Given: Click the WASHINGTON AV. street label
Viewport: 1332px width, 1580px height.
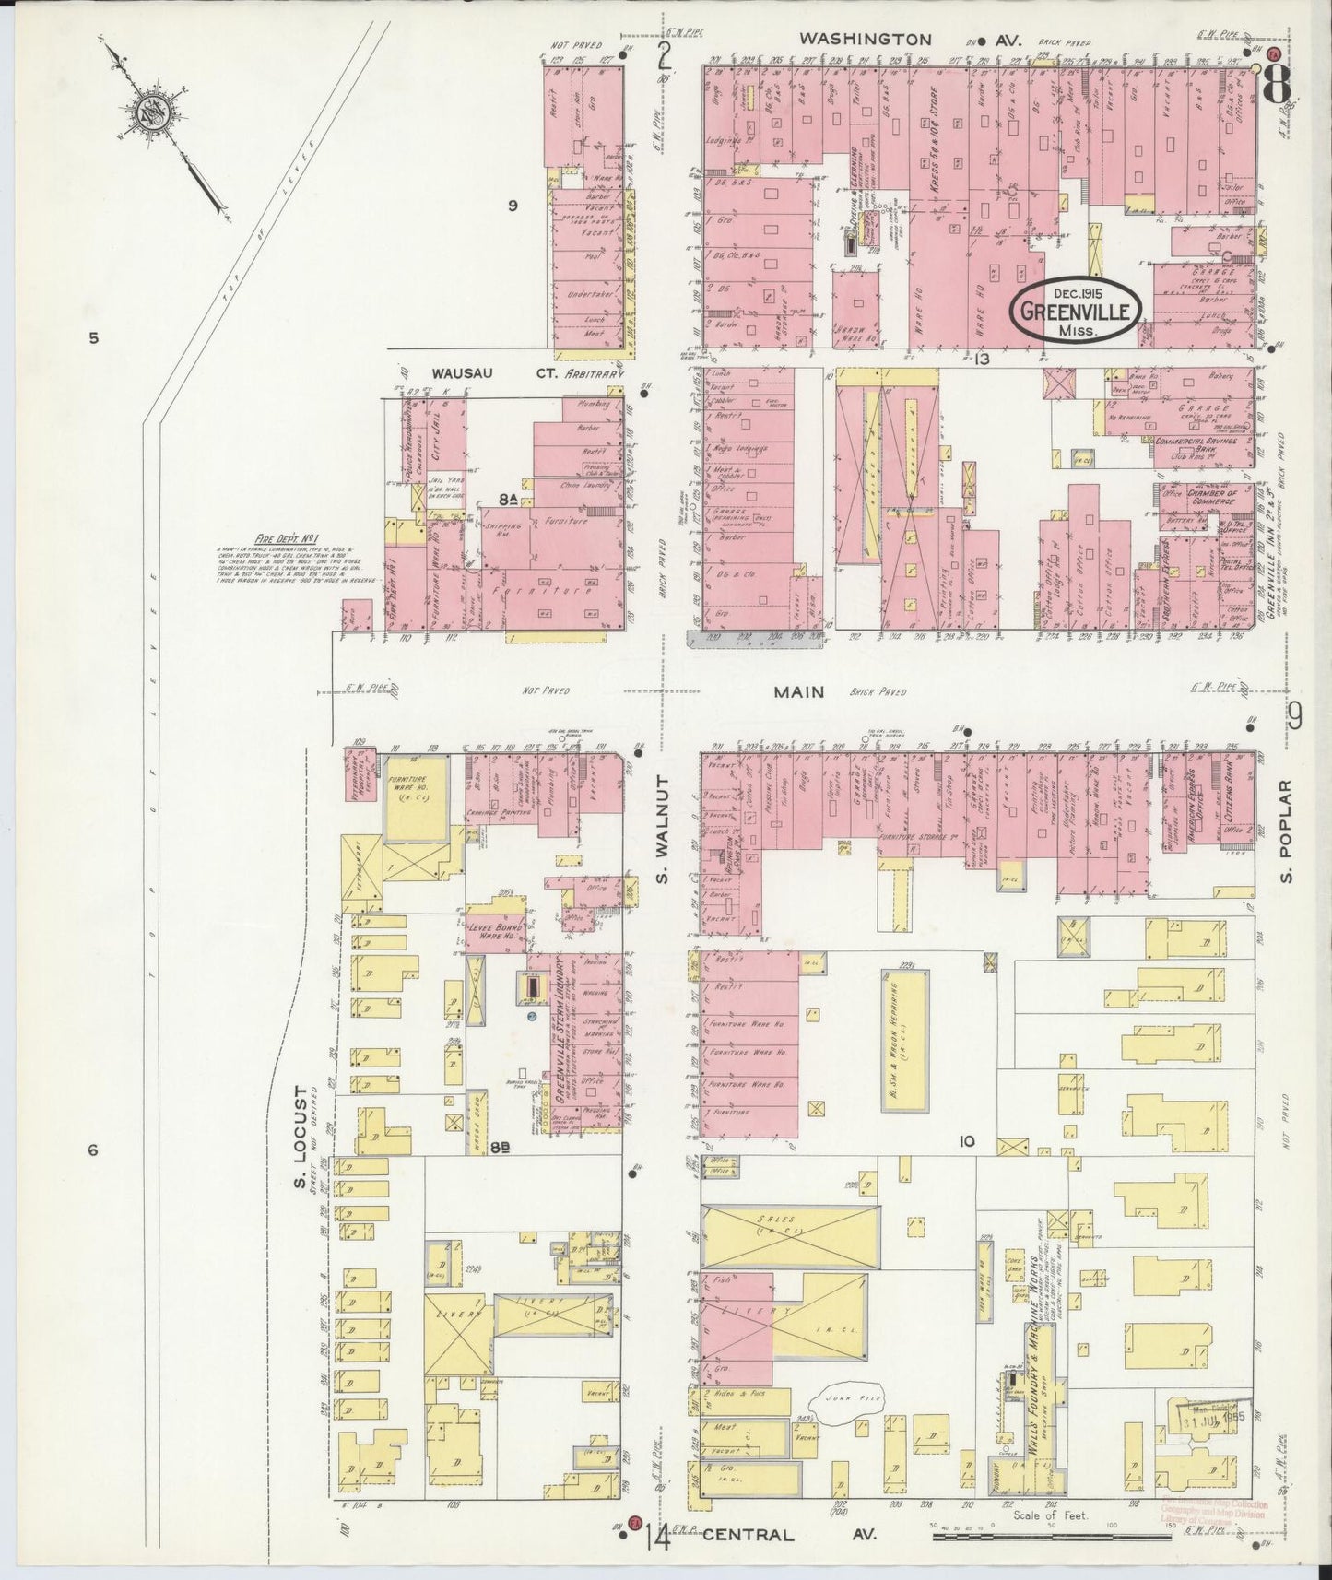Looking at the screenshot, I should click(x=866, y=40).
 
